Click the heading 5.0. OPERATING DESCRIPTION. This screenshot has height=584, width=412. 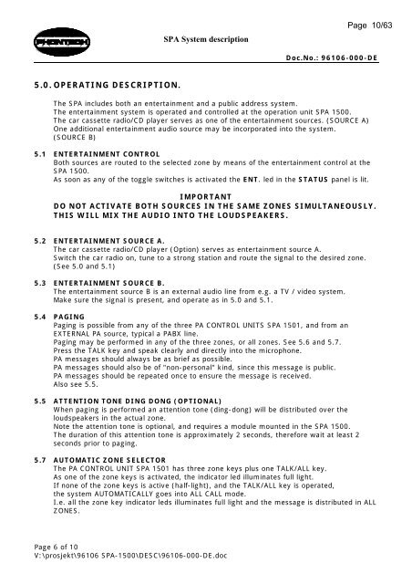[x=91, y=84]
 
